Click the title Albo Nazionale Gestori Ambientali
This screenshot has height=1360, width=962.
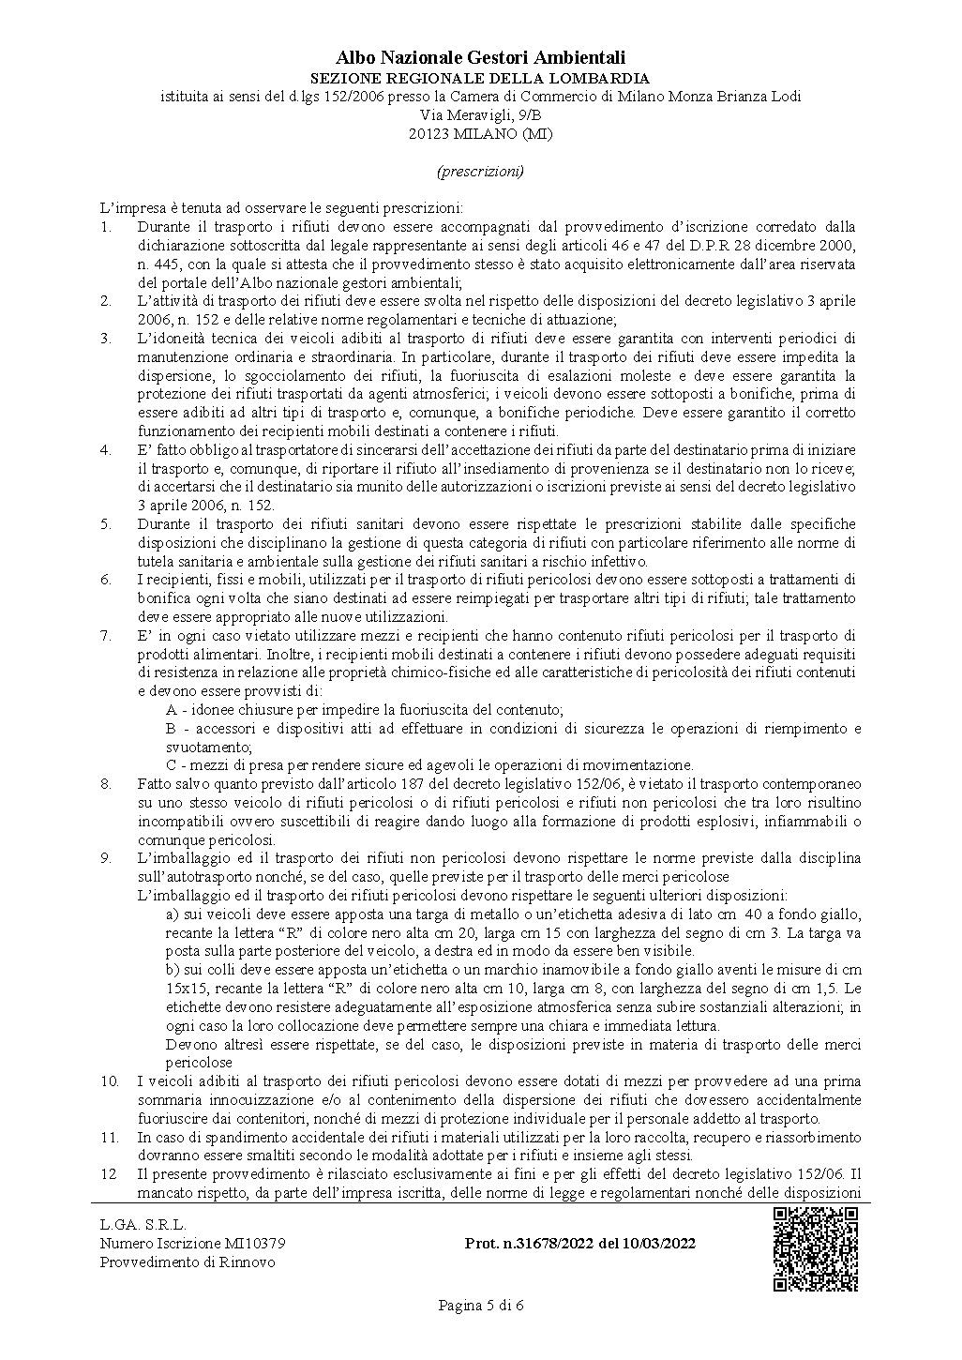click(x=480, y=59)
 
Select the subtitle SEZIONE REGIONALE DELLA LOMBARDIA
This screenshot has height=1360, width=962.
click(x=480, y=78)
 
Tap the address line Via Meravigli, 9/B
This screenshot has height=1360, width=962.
click(x=480, y=114)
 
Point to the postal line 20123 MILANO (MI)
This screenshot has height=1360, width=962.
click(x=480, y=133)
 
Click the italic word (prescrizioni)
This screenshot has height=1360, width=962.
click(x=480, y=172)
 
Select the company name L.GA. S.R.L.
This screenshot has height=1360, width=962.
click(x=143, y=1224)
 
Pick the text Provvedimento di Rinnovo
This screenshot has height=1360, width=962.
click(x=188, y=1262)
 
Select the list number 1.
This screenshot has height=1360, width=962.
click(x=106, y=227)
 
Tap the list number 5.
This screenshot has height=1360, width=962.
click(x=106, y=523)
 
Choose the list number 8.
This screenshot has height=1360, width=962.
click(x=106, y=783)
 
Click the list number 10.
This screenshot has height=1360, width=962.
click(x=110, y=1081)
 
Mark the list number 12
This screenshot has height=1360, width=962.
click(x=109, y=1174)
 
